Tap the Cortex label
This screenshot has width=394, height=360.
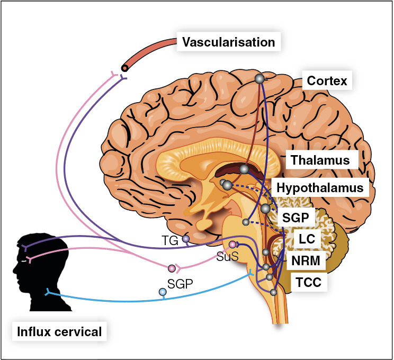pyautogui.click(x=327, y=81)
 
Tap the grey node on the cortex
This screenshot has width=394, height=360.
pyautogui.click(x=259, y=79)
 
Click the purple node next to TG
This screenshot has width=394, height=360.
pyautogui.click(x=186, y=239)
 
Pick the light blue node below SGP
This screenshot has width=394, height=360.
pyautogui.click(x=163, y=292)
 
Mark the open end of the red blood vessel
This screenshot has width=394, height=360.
pyautogui.click(x=124, y=67)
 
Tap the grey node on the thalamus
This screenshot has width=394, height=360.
pyautogui.click(x=244, y=169)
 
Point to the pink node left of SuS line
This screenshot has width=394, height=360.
pyautogui.click(x=172, y=268)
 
